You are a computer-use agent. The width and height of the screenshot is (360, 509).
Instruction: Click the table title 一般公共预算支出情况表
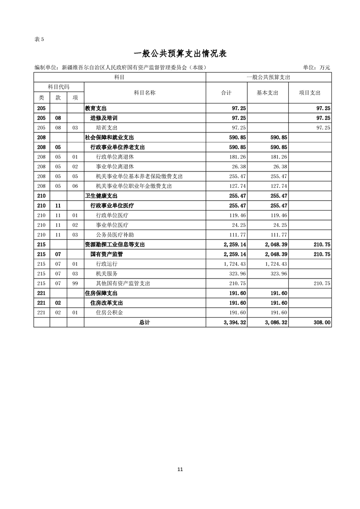[180, 54]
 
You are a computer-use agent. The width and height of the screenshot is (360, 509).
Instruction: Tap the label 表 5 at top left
[39, 39]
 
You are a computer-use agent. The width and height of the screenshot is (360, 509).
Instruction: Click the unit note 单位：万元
[316, 68]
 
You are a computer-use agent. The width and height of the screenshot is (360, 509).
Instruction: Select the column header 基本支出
[267, 93]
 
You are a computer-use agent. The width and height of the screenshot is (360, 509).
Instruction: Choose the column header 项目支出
[310, 93]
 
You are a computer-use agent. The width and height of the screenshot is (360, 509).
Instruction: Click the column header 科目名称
[145, 93]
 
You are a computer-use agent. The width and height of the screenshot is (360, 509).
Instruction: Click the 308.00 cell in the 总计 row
[321, 323]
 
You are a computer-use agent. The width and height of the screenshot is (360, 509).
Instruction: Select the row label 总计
[145, 323]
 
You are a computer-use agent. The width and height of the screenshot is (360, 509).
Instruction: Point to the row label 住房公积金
[109, 313]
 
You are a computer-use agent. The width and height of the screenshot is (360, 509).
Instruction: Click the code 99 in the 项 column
[75, 284]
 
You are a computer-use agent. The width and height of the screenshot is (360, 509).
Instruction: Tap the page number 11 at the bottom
[180, 470]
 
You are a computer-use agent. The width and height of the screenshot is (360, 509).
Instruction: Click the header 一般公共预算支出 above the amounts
[269, 78]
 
